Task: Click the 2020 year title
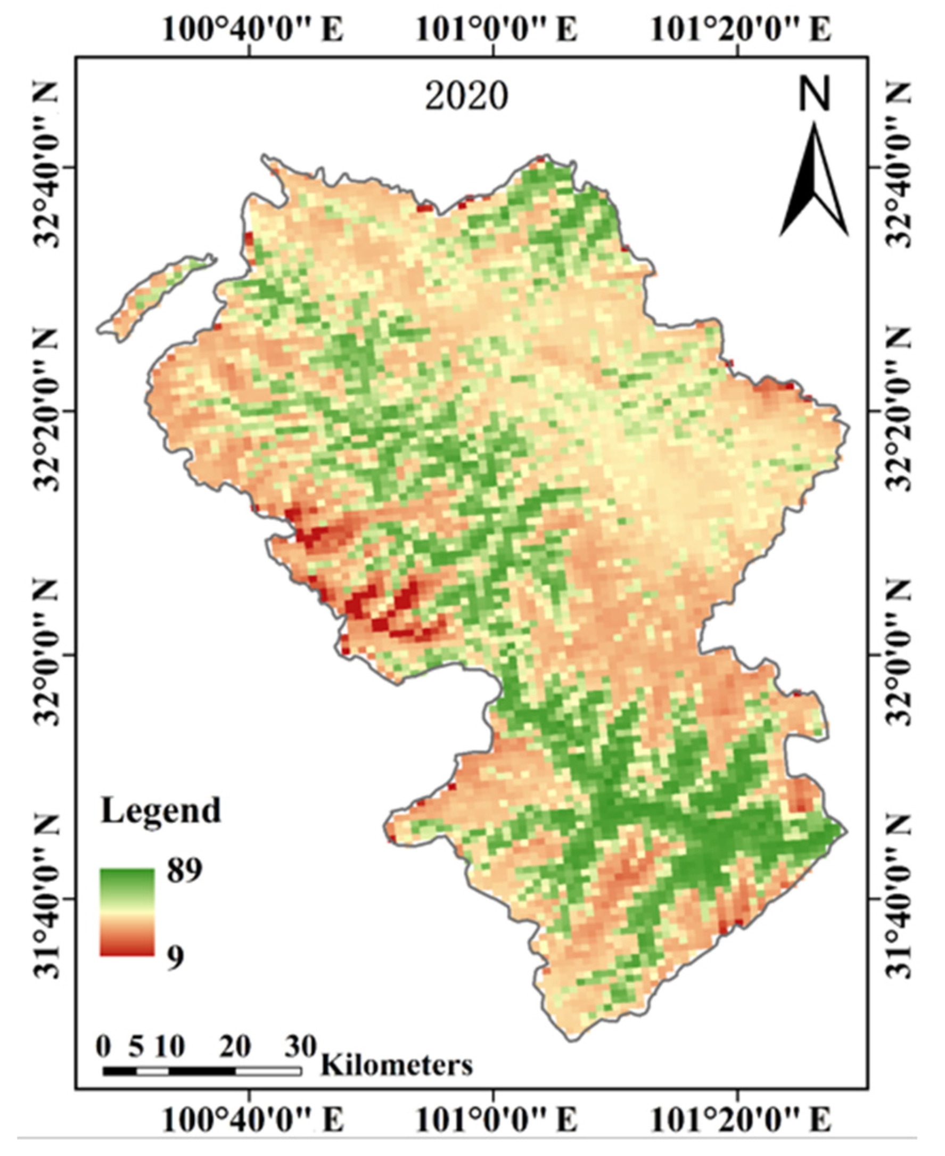pyautogui.click(x=466, y=97)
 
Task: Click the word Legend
pyautogui.click(x=161, y=810)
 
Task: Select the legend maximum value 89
pyautogui.click(x=185, y=870)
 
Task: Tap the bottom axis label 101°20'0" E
pyautogui.click(x=741, y=1118)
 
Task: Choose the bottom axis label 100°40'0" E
pyautogui.click(x=252, y=1118)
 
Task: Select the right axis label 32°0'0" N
pyautogui.click(x=901, y=655)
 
